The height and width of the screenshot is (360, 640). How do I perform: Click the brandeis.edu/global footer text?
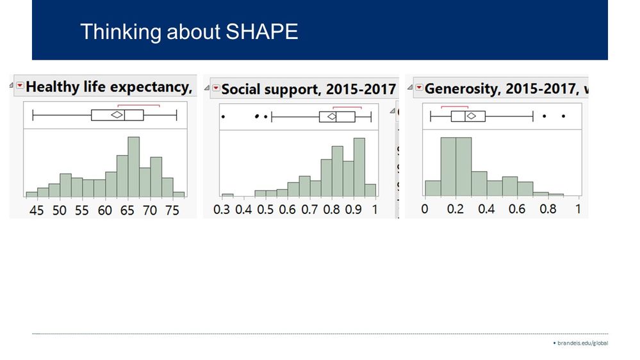tap(582, 343)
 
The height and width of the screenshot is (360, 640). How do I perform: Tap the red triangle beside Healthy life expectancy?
tap(20, 86)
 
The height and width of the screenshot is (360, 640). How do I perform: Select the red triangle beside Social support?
tap(216, 88)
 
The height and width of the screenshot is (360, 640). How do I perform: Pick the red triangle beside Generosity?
tap(418, 88)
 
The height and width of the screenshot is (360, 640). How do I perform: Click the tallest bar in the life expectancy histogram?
tap(133, 167)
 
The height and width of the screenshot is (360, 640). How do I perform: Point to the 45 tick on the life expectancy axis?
tap(37, 210)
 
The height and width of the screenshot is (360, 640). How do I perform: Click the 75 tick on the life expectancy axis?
tap(172, 210)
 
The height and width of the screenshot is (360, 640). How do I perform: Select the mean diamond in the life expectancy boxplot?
tap(117, 115)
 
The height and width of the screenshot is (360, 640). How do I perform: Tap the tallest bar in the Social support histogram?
tap(359, 167)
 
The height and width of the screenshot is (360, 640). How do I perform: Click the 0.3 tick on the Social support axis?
tap(222, 209)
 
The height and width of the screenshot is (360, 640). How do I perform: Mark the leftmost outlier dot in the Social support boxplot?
tap(223, 117)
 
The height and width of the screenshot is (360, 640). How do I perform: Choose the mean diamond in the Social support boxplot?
tap(332, 117)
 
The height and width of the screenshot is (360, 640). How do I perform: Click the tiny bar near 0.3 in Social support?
tap(227, 194)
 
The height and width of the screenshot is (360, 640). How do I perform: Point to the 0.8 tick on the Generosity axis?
tap(547, 209)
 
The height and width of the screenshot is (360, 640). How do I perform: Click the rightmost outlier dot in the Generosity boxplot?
tap(563, 116)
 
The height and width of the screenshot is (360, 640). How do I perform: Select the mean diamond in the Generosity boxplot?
tap(471, 116)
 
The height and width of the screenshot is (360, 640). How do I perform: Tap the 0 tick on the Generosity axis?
tap(425, 209)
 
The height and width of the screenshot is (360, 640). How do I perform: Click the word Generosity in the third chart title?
tap(463, 88)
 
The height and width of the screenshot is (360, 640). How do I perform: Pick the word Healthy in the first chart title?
tap(52, 86)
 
